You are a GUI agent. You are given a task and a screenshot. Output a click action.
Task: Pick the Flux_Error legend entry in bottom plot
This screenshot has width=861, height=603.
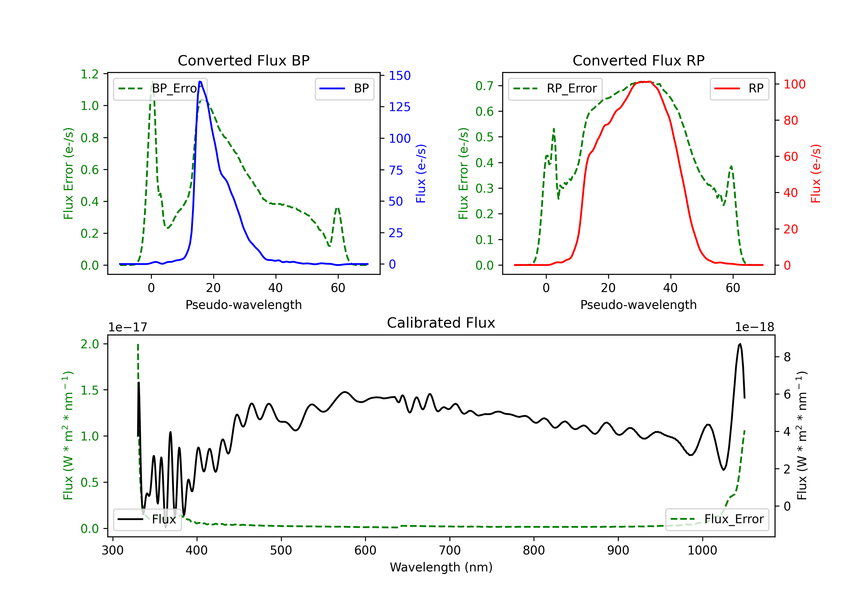coord(717,519)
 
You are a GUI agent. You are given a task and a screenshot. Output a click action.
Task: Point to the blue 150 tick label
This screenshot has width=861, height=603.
coord(400,76)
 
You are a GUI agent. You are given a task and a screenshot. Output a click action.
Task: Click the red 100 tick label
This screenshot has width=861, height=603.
coord(794,84)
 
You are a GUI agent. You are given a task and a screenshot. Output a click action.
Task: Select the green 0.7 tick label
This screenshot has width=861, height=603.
coord(484,86)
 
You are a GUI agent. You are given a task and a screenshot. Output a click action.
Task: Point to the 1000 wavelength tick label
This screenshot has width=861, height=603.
coord(702,550)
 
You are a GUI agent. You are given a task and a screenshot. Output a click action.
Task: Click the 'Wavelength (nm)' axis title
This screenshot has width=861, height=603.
coord(441,567)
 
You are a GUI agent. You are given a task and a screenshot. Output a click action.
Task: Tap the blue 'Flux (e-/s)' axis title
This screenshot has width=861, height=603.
coord(421,174)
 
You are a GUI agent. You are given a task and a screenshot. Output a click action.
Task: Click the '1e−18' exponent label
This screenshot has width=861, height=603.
coord(754,327)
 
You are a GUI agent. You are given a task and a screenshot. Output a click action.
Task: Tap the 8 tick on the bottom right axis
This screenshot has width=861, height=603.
coord(787,357)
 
